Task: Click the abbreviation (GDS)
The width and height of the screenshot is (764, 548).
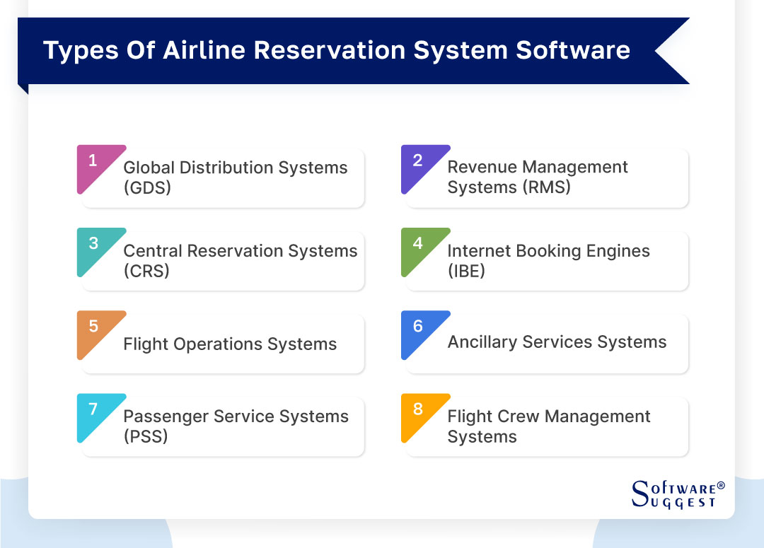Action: click(x=147, y=188)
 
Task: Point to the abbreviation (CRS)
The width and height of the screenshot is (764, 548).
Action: click(x=146, y=271)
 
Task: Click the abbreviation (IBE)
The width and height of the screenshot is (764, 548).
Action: click(x=466, y=271)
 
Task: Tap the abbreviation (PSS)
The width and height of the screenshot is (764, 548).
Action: click(x=146, y=436)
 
